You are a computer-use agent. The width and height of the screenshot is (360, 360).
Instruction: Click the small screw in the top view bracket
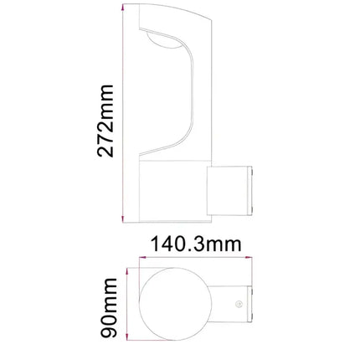click(x=239, y=304)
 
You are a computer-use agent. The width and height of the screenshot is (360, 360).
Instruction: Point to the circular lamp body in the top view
click(x=173, y=303)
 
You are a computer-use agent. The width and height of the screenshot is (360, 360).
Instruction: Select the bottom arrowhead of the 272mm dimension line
click(x=123, y=219)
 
